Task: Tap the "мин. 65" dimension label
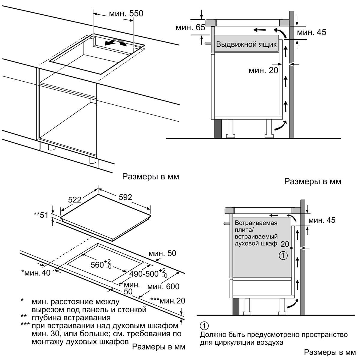click(x=190, y=28)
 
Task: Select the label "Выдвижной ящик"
click(x=246, y=44)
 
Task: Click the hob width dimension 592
click(x=125, y=197)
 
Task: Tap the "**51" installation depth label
click(x=41, y=215)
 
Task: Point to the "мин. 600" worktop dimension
click(x=163, y=286)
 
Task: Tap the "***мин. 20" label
click(x=168, y=301)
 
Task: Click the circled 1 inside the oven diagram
click(x=283, y=256)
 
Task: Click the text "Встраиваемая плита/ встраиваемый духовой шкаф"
click(x=256, y=233)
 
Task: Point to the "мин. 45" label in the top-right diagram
click(x=311, y=32)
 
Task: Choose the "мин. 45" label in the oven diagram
click(x=322, y=220)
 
